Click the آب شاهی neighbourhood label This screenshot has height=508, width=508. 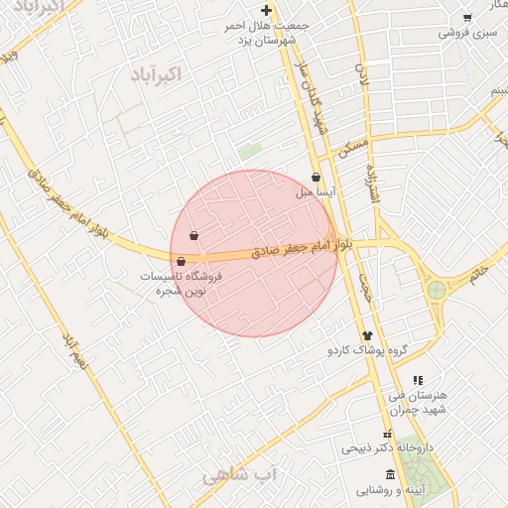(243, 475)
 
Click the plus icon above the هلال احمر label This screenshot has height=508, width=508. (266, 10)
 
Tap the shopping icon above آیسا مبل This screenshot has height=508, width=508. (316, 178)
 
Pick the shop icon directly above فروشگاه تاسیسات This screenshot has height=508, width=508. (180, 262)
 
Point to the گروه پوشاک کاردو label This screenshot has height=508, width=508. (368, 351)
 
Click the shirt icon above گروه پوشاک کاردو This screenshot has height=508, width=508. (367, 336)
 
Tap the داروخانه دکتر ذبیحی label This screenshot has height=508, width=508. (388, 447)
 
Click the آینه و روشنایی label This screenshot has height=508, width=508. (389, 491)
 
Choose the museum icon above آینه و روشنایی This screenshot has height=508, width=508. (389, 475)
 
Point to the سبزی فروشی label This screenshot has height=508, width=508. (466, 33)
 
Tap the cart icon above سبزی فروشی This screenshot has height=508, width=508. (466, 18)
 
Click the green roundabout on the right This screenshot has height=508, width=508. (436, 290)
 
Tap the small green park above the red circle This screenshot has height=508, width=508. (250, 153)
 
